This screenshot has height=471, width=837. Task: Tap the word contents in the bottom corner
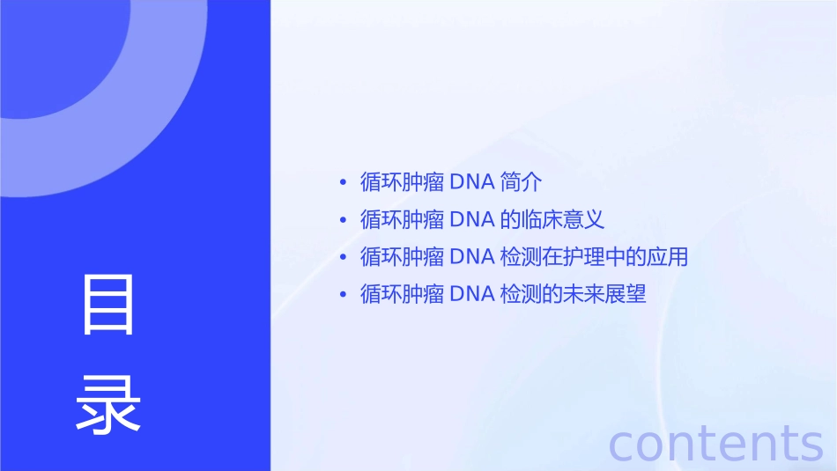click(716, 443)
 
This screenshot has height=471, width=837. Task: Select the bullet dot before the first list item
click(343, 183)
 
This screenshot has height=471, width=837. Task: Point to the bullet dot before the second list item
click(343, 220)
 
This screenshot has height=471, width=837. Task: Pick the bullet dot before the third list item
click(343, 258)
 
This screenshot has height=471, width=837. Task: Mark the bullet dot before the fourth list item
click(343, 295)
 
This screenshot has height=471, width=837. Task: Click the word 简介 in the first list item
click(520, 182)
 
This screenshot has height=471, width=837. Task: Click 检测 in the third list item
click(520, 257)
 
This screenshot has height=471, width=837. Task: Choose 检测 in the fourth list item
click(520, 294)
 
